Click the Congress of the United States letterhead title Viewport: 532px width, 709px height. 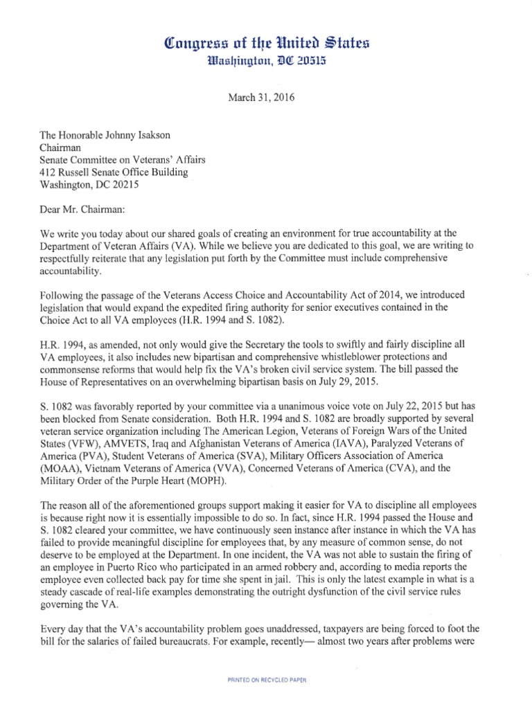coord(265,44)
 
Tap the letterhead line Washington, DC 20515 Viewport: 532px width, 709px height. coord(265,64)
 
